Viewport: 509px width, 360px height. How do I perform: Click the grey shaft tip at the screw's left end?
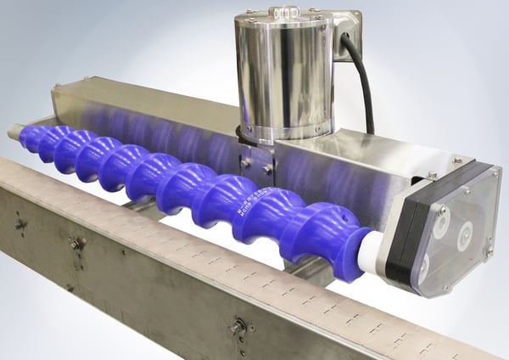coord(14,132)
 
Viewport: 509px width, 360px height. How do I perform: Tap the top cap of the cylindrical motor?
coord(282,19)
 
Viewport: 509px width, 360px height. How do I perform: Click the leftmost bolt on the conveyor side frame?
coord(20,225)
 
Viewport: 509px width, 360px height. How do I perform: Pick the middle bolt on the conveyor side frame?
coord(77,245)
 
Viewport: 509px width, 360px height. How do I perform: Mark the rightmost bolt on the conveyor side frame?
coord(238,325)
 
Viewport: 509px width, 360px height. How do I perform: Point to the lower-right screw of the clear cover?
coord(488,250)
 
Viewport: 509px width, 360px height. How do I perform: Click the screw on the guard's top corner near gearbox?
coord(457,160)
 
